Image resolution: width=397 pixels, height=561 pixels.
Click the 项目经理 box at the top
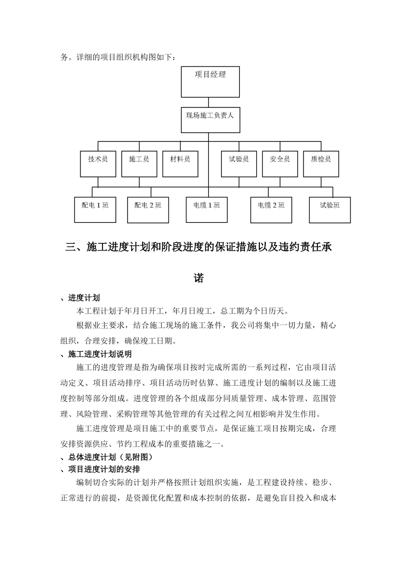pos(210,82)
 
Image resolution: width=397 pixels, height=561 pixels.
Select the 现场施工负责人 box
pos(210,120)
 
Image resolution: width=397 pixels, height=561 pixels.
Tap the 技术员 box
pos(98,163)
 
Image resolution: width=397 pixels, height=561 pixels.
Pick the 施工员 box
pos(139,163)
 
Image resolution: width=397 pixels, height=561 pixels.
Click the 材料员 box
pos(180,163)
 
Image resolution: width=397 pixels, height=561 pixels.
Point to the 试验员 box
pos(239,163)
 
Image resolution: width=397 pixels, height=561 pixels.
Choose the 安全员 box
pos(280,163)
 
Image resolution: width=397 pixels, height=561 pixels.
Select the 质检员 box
pos(321,163)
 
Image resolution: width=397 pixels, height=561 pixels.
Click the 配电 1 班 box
pos(95,210)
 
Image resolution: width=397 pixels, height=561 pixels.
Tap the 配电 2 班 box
pos(148,210)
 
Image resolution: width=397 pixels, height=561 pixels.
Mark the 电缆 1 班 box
pos(207,210)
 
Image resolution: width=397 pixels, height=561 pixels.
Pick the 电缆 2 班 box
pos(271,210)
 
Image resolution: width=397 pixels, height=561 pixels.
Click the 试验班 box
pos(330,210)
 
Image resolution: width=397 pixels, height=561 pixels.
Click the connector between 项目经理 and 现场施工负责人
pos(208,103)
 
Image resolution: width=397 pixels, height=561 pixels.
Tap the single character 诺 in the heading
pos(198,278)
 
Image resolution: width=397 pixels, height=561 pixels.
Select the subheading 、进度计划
pos(80,298)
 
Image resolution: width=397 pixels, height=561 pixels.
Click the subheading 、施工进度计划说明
pos(96,354)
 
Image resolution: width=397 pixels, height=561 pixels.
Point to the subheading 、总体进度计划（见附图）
pos(107,457)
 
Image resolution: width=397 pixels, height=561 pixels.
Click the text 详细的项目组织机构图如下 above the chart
pos(128,57)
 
